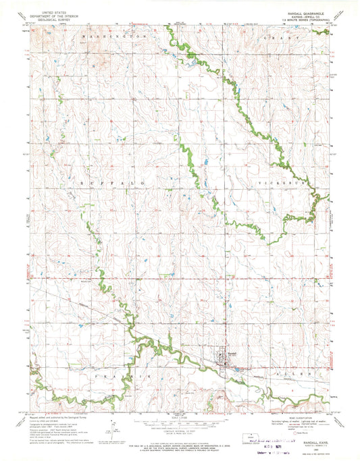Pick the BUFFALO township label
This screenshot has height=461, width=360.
(x=108, y=183)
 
